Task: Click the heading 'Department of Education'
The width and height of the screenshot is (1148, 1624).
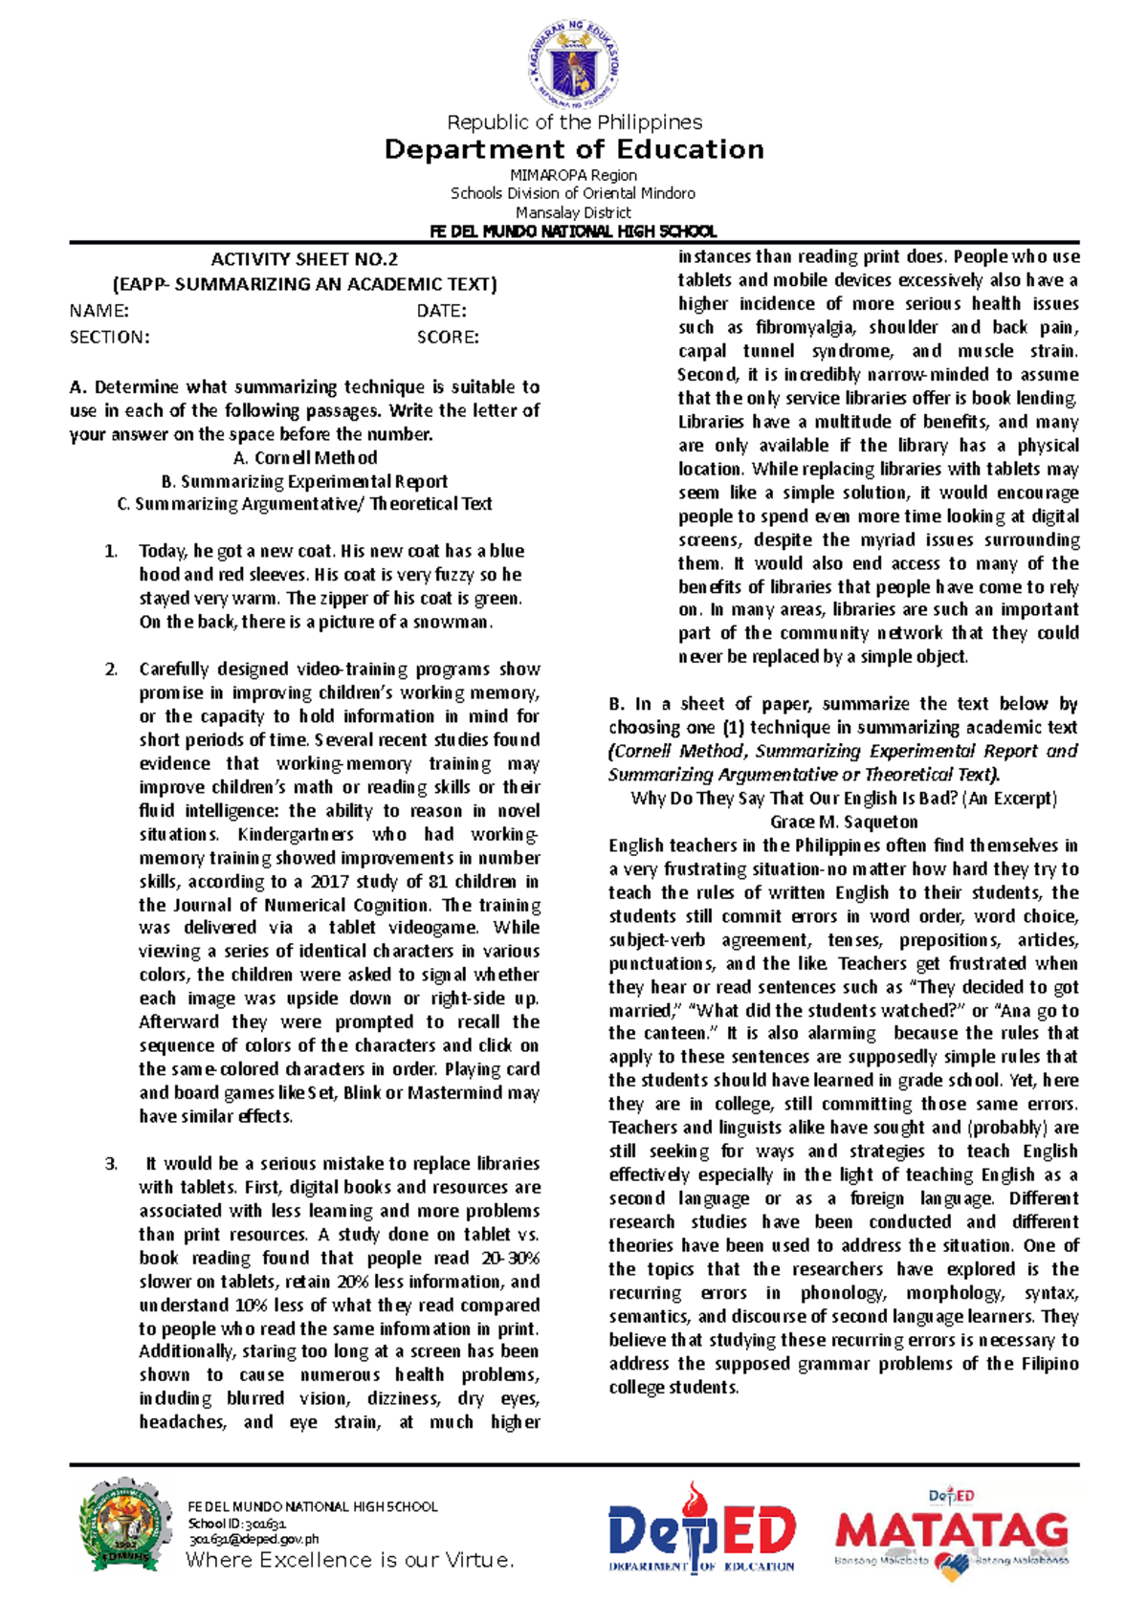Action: (x=574, y=149)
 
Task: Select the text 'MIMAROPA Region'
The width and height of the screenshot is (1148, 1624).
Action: (x=573, y=175)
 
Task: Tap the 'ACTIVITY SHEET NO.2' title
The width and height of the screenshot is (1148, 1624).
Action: (x=304, y=259)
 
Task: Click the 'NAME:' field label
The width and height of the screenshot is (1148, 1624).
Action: (x=99, y=311)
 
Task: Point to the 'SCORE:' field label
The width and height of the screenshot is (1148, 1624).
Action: (x=448, y=337)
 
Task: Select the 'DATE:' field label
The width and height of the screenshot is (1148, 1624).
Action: (x=441, y=311)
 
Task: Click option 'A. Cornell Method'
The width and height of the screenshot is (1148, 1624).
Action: (x=304, y=458)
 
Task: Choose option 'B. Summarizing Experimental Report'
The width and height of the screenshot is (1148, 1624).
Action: (x=304, y=481)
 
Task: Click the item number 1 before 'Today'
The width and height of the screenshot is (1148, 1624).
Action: (x=111, y=551)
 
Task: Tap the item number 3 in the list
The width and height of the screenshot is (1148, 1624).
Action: (x=111, y=1164)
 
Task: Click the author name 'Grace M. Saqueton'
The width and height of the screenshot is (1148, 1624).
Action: (x=843, y=822)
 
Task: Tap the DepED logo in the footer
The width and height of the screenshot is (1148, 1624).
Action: (x=701, y=1529)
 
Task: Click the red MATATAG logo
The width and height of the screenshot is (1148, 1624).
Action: (x=951, y=1532)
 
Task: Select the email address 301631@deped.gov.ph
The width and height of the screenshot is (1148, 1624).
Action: (x=254, y=1539)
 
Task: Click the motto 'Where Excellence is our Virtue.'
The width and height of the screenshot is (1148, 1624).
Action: (x=350, y=1560)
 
